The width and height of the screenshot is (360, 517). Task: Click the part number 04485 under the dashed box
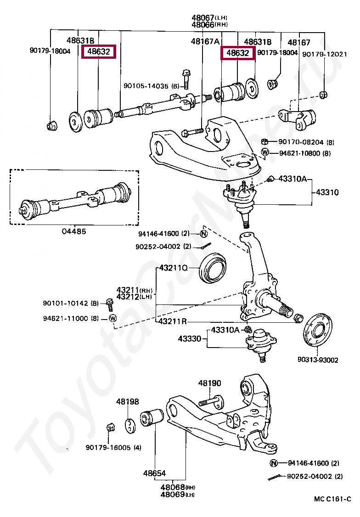click(x=73, y=231)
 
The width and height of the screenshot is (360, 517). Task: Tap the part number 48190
click(x=209, y=383)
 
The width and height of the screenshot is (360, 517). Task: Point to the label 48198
click(x=127, y=402)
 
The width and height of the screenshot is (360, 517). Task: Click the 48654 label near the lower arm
click(x=154, y=473)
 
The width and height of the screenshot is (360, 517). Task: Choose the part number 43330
click(x=190, y=339)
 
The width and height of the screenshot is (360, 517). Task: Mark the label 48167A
click(x=205, y=41)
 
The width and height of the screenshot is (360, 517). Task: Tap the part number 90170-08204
click(x=300, y=142)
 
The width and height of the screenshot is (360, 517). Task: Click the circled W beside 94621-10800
click(x=265, y=152)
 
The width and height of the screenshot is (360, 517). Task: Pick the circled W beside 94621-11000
click(x=113, y=318)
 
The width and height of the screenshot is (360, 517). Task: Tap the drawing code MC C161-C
click(x=332, y=499)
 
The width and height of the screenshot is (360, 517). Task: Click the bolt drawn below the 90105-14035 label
click(x=186, y=79)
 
